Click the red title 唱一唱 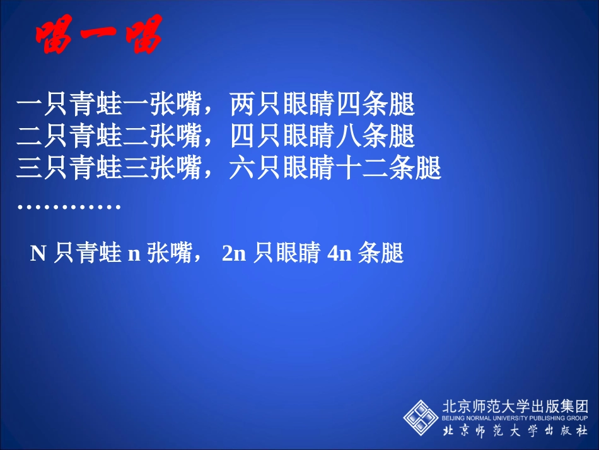click(98, 35)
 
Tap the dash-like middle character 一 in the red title click(98, 37)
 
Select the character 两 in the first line click(242, 105)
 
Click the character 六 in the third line click(242, 169)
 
